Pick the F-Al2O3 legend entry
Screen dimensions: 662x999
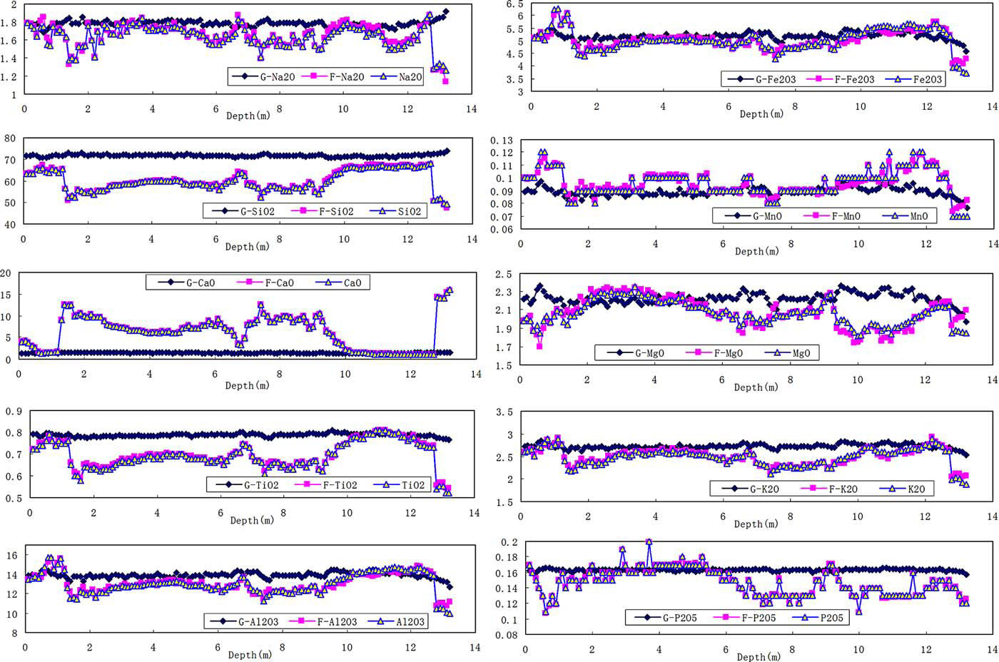(330, 621)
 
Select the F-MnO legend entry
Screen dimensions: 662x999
(841, 215)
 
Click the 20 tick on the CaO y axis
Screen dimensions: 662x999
(6, 273)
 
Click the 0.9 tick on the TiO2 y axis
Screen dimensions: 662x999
(14, 411)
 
